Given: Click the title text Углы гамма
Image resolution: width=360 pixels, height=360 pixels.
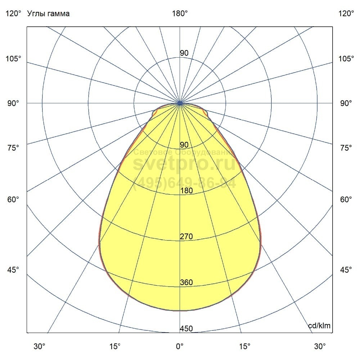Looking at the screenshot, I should pyautogui.click(x=48, y=14).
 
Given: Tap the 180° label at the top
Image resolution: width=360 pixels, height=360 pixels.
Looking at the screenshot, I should pyautogui.click(x=180, y=14).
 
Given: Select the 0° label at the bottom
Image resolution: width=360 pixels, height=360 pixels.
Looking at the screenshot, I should pyautogui.click(x=180, y=346).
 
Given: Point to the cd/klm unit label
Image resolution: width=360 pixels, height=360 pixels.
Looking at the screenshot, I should pyautogui.click(x=319, y=326).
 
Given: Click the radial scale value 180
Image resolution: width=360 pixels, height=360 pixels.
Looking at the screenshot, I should pyautogui.click(x=186, y=191).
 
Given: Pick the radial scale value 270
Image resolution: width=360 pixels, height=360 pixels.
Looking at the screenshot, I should pyautogui.click(x=186, y=237).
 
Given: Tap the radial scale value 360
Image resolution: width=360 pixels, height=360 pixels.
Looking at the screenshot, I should pyautogui.click(x=186, y=283).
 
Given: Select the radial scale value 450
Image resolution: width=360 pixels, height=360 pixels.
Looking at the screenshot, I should pyautogui.click(x=186, y=329).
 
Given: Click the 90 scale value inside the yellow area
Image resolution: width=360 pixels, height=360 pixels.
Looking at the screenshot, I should pyautogui.click(x=184, y=145).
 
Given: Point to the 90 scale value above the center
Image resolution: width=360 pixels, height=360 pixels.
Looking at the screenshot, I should pyautogui.click(x=184, y=53).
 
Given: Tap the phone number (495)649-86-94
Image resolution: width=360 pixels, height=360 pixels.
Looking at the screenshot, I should pyautogui.click(x=184, y=183).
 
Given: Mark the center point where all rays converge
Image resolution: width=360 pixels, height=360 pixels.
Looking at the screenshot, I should pyautogui.click(x=180, y=103).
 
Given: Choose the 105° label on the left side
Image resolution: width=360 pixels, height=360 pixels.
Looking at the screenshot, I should pyautogui.click(x=13, y=58).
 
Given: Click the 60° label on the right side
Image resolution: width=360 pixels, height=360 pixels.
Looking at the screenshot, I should pyautogui.click(x=346, y=199).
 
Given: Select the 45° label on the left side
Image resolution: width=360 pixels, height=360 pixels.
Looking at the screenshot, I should pyautogui.click(x=13, y=270).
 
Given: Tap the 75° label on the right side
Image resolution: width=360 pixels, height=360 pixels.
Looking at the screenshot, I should pyautogui.click(x=346, y=148).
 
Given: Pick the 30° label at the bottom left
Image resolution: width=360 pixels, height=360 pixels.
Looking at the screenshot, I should pyautogui.click(x=39, y=346).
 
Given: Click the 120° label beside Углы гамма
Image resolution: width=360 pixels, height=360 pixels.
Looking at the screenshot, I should pyautogui.click(x=13, y=14).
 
